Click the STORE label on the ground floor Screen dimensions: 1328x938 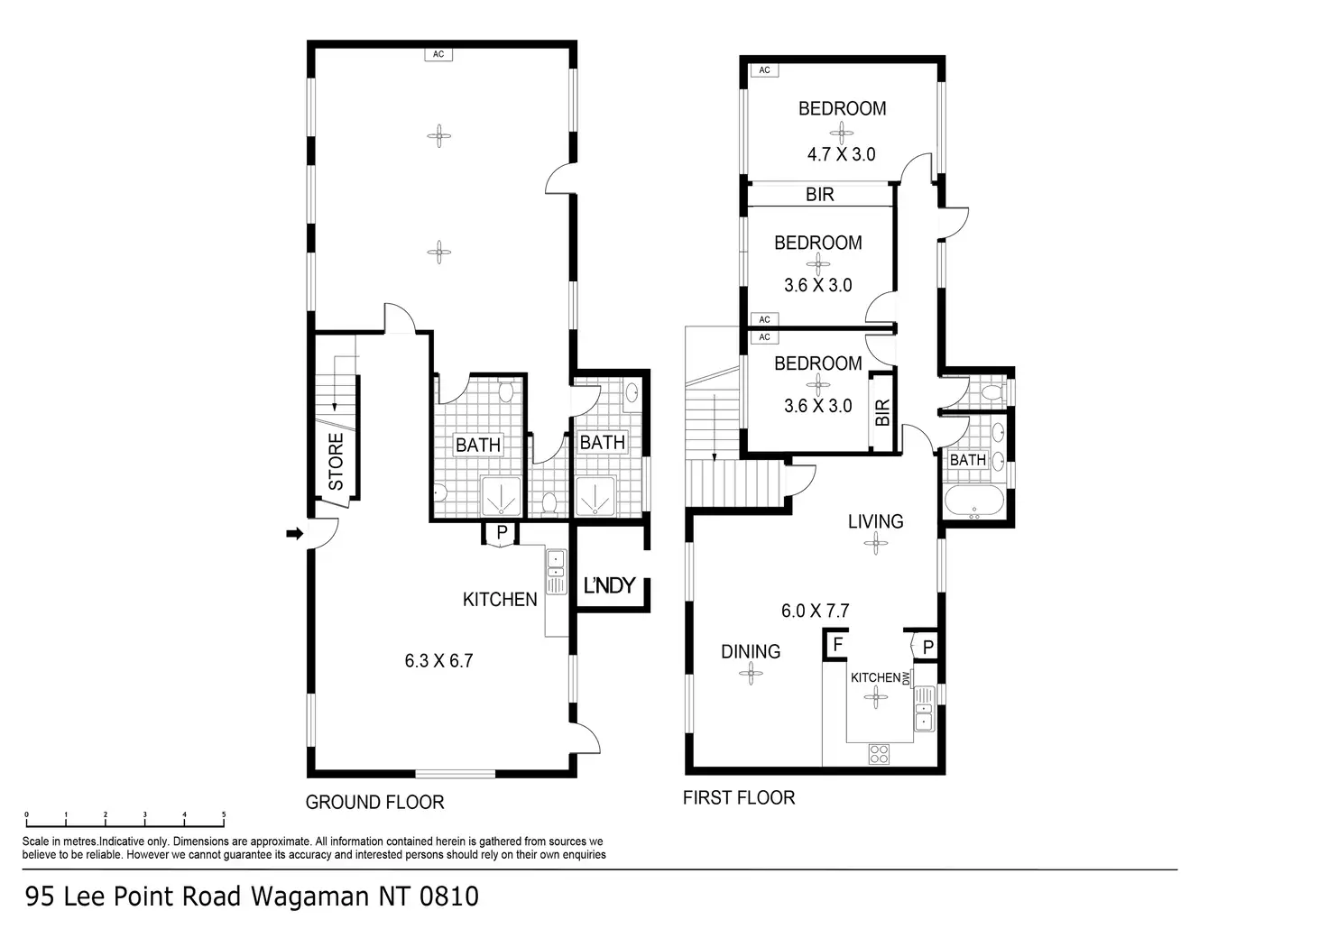[x=336, y=462]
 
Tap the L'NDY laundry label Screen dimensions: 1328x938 [x=610, y=585]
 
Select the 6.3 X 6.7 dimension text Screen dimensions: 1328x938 [x=438, y=660]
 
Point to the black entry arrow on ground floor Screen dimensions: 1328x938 [x=293, y=534]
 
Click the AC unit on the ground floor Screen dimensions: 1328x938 [x=438, y=54]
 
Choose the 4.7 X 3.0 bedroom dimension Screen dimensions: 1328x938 [x=841, y=154]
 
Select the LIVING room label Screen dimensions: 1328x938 [x=875, y=521]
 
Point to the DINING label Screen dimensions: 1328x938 [x=751, y=651]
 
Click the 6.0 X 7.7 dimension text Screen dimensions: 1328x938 [x=815, y=611]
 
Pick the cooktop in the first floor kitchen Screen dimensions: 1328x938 [x=880, y=753]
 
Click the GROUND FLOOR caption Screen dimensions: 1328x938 [x=374, y=802]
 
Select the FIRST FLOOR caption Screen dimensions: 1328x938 [x=739, y=797]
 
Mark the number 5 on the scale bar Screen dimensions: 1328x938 [x=224, y=814]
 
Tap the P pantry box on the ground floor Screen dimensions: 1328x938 [x=501, y=533]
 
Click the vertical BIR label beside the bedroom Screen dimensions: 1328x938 [x=882, y=412]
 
